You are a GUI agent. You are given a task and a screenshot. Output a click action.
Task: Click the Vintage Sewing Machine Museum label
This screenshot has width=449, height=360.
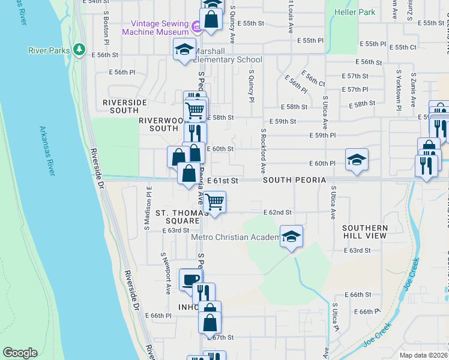point(156,28)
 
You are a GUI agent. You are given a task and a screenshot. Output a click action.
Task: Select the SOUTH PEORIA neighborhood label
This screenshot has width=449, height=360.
point(294,180)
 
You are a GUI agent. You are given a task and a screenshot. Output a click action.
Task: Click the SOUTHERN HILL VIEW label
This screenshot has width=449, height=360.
point(365,232)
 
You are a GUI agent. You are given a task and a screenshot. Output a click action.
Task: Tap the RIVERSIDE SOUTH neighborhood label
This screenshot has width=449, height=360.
point(125,106)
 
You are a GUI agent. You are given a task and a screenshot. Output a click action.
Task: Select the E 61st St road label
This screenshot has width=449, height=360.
point(223,180)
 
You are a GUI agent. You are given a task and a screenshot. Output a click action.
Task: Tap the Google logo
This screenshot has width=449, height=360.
point(20,353)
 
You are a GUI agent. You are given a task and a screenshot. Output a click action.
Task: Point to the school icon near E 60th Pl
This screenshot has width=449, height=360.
point(357,159)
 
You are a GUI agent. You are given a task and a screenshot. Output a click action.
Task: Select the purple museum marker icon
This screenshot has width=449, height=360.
point(196,27)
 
